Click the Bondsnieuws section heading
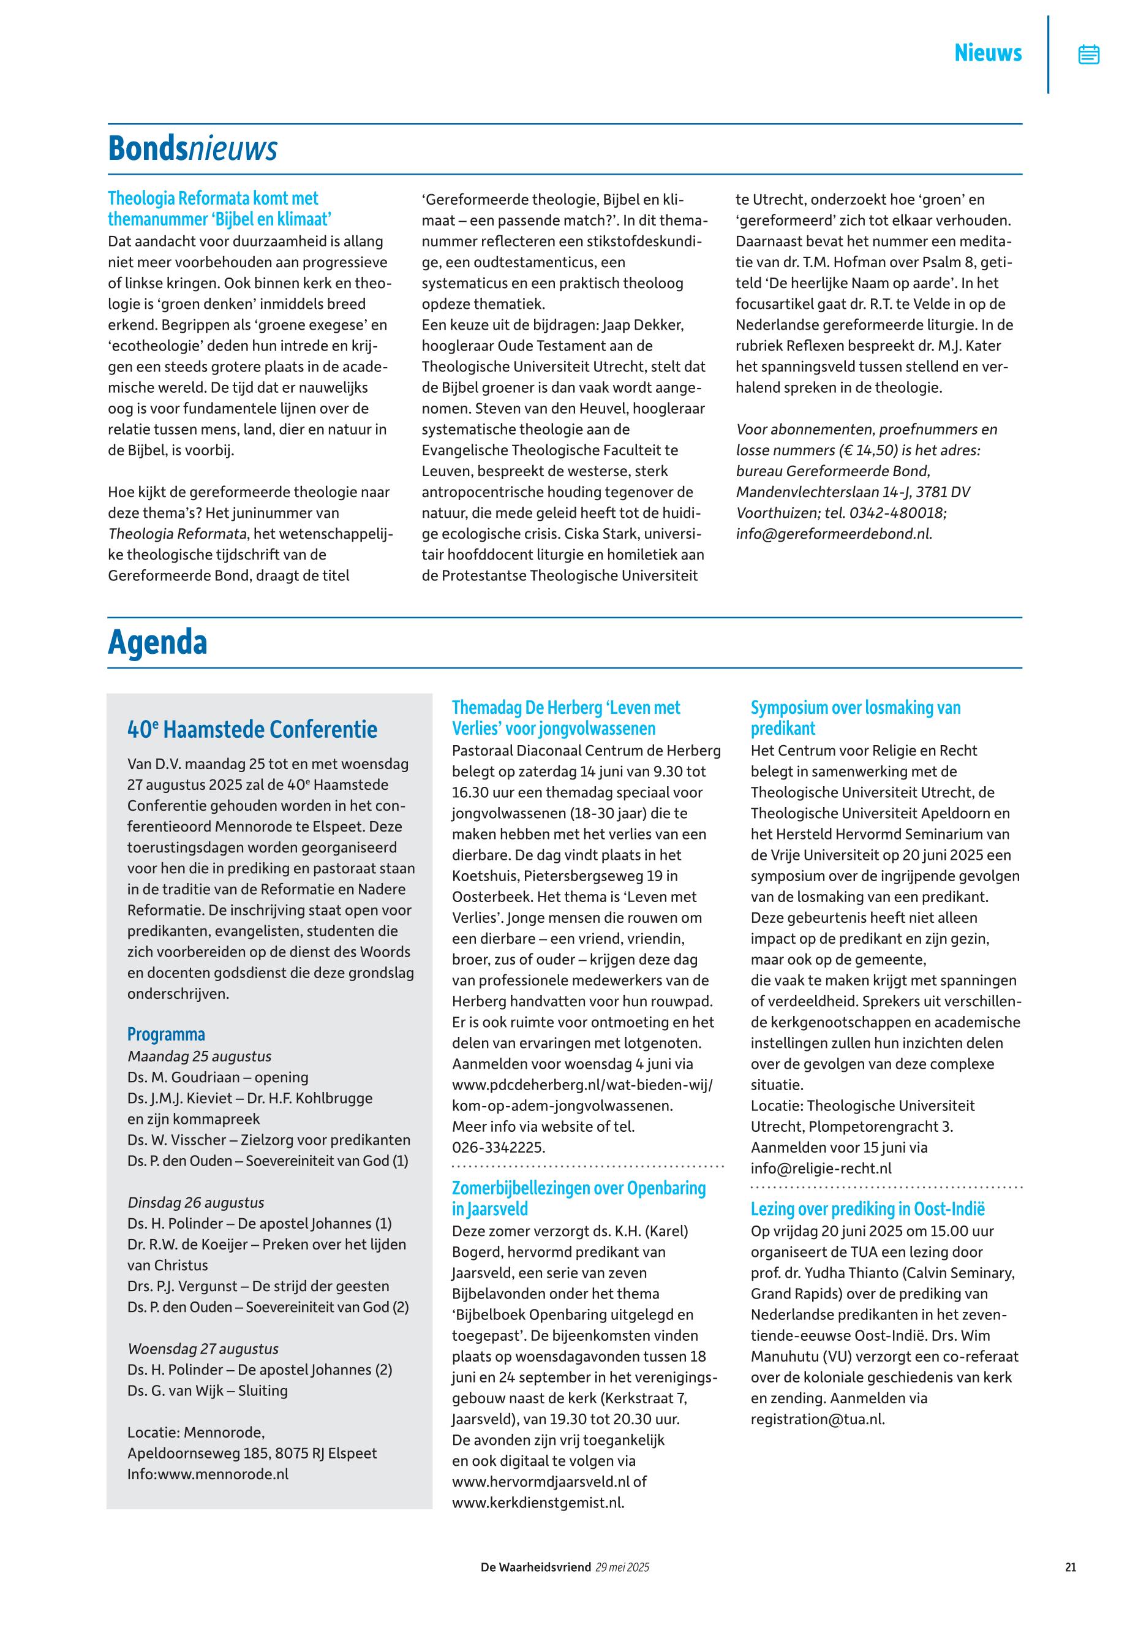pyautogui.click(x=192, y=149)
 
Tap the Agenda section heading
pyautogui.click(x=157, y=643)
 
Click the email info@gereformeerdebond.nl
pyautogui.click(x=834, y=534)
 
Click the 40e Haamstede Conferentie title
pyautogui.click(x=252, y=730)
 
